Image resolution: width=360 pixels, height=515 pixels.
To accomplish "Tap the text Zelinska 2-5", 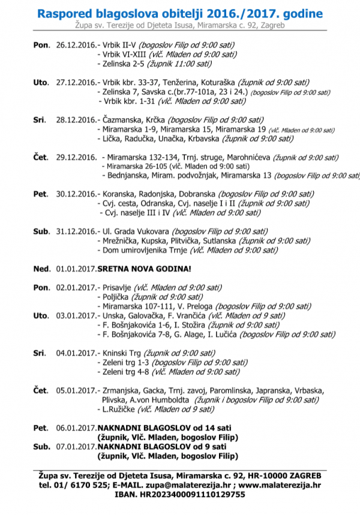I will pos(121,64).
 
